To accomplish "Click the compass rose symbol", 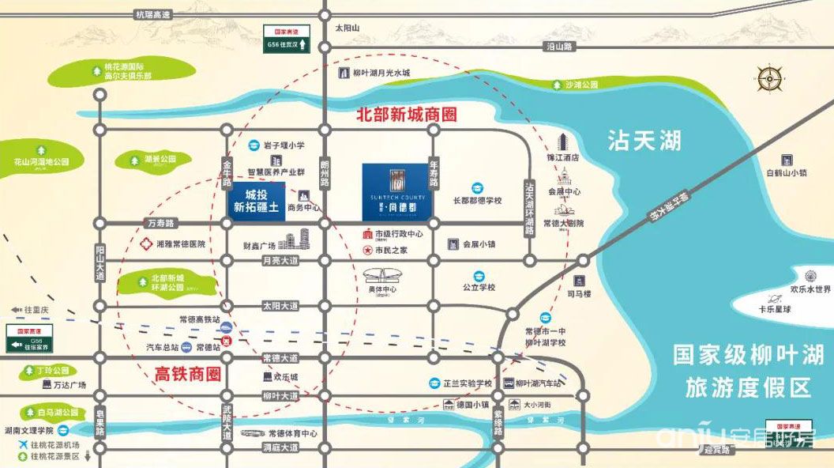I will tap(768, 78).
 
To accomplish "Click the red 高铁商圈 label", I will tap(186, 372).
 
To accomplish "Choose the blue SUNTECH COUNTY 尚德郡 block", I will tap(395, 192).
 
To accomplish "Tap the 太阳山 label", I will tap(347, 28).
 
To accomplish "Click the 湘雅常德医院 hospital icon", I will tap(145, 244).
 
